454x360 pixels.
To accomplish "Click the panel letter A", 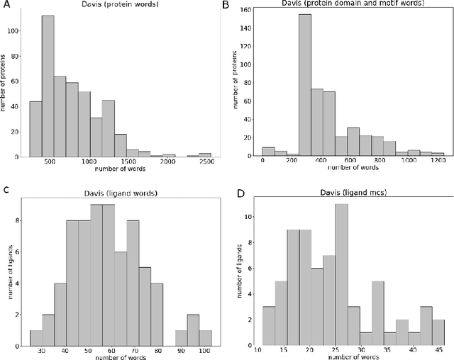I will point(6,5).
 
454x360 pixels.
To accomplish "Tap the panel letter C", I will point(6,189).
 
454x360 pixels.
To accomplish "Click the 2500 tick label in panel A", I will point(205,162).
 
